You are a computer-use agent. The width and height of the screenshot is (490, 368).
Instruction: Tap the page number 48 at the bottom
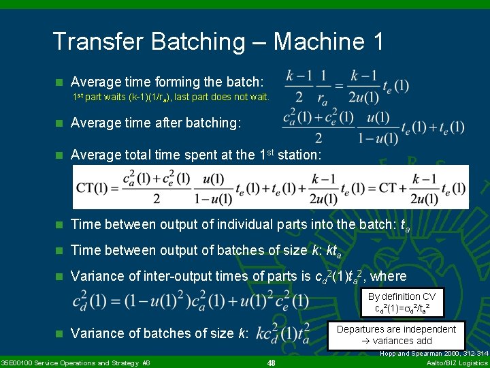pyautogui.click(x=271, y=363)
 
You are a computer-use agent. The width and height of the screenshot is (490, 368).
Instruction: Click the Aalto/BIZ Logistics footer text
pyautogui.click(x=457, y=363)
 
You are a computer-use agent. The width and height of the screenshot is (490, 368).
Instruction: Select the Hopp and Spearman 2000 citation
pyautogui.click(x=434, y=354)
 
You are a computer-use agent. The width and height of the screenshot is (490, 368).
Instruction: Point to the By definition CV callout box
pyautogui.click(x=403, y=302)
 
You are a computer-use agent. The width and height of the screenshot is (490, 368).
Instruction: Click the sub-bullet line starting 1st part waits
pyautogui.click(x=171, y=97)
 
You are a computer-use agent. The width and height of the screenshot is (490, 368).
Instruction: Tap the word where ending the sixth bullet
pyautogui.click(x=389, y=276)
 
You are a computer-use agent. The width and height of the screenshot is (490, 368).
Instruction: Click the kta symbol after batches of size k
pyautogui.click(x=333, y=250)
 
